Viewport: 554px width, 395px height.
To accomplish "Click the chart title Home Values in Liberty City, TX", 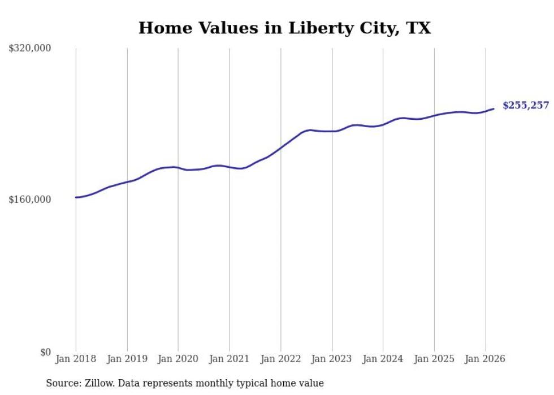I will [x=284, y=28].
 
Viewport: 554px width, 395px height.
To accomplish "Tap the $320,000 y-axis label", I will [x=30, y=49].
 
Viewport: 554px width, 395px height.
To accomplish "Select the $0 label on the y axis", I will [x=45, y=352].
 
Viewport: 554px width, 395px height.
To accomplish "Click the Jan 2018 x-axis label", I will [x=76, y=359].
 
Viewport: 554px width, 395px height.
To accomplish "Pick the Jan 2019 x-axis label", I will [x=127, y=359].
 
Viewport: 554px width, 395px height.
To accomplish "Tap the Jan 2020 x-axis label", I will [x=178, y=359].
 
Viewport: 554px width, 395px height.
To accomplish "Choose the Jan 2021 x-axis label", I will [x=229, y=359].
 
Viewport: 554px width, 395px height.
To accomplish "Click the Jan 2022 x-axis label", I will [x=280, y=359].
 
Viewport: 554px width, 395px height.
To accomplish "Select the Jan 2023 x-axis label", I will [x=332, y=359].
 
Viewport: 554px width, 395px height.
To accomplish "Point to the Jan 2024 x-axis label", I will [x=383, y=359].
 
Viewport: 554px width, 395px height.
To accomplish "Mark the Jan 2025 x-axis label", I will [x=434, y=359].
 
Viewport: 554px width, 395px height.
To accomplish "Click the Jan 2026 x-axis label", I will [x=485, y=359].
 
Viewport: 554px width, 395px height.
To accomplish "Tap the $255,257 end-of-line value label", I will [x=526, y=106].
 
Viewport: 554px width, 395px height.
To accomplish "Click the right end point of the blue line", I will [x=494, y=108].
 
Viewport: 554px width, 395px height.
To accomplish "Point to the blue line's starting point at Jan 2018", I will [x=76, y=197].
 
